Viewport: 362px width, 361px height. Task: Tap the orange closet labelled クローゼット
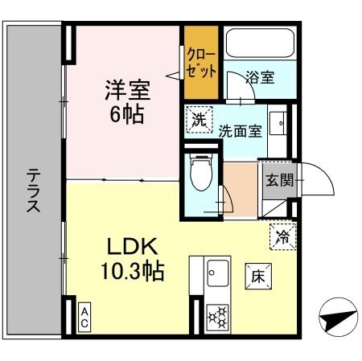[x=200, y=62]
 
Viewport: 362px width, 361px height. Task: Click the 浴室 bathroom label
[x=261, y=78]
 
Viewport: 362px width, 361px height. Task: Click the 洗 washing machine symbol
[x=199, y=120]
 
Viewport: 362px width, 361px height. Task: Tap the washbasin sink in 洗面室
[x=279, y=122]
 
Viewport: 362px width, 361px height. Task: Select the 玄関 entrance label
[x=274, y=178]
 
